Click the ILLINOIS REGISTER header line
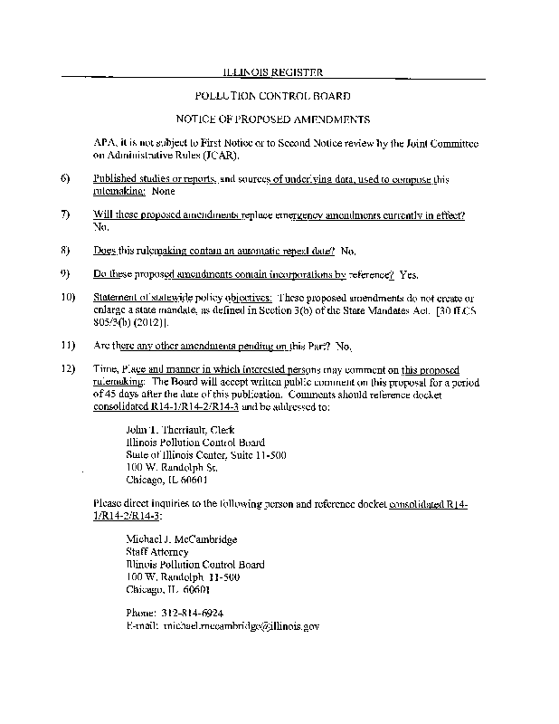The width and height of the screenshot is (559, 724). click(272, 71)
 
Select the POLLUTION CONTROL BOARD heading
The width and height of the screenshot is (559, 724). click(273, 95)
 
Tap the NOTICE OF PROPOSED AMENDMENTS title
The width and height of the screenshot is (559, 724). click(272, 119)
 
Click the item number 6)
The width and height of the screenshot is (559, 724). click(65, 180)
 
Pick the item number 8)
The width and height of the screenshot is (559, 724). click(65, 249)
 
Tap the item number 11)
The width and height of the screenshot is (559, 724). click(66, 345)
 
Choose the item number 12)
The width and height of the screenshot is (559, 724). click(66, 370)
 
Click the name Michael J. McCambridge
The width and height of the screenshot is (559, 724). click(182, 539)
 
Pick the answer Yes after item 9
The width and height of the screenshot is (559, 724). click(409, 274)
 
